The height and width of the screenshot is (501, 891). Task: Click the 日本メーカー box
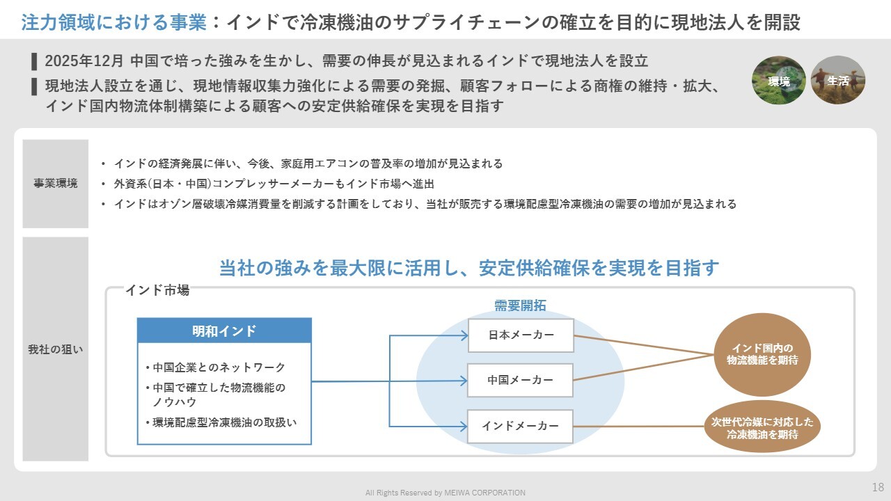click(x=521, y=335)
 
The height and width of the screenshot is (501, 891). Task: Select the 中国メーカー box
click(x=521, y=380)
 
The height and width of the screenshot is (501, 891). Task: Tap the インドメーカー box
click(x=521, y=426)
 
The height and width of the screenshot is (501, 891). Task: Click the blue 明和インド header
click(x=224, y=331)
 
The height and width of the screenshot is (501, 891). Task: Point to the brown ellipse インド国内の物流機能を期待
click(x=762, y=354)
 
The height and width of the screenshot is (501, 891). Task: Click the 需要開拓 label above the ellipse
click(x=520, y=305)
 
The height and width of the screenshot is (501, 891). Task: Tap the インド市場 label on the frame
click(x=157, y=290)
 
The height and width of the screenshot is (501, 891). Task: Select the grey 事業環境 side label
click(x=56, y=184)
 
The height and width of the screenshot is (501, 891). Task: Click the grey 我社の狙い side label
click(x=56, y=349)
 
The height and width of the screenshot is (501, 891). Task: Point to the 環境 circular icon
click(x=779, y=81)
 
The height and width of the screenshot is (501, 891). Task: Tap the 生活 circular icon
click(x=838, y=81)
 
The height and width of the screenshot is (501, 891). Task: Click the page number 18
click(x=878, y=486)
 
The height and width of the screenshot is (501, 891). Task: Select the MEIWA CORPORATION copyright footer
click(x=445, y=493)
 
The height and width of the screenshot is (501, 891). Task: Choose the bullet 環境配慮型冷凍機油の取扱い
click(x=230, y=422)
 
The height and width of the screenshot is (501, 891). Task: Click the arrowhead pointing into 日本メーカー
click(x=464, y=336)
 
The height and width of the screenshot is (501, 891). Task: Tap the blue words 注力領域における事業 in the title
click(x=114, y=23)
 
